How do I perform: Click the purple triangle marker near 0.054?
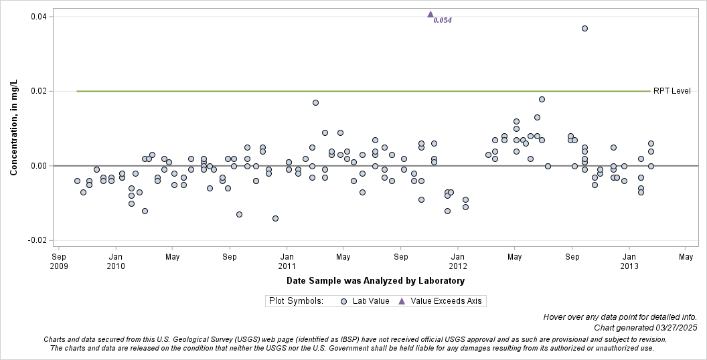[430, 14]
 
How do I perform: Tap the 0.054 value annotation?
[443, 21]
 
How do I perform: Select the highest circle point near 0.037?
[584, 29]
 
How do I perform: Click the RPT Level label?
[672, 91]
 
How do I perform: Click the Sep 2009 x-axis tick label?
[59, 261]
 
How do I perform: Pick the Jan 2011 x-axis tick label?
[287, 261]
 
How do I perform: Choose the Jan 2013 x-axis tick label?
[629, 261]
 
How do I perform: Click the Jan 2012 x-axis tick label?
[458, 261]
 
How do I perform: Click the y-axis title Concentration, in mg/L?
[13, 127]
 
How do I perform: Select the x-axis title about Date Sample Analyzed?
[375, 281]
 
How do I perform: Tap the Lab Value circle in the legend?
[343, 301]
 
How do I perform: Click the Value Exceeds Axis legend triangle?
[402, 301]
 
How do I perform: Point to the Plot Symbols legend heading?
[296, 301]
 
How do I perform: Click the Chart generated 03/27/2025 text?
[645, 328]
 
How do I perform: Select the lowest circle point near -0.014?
[275, 218]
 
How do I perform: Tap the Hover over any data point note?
[619, 317]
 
